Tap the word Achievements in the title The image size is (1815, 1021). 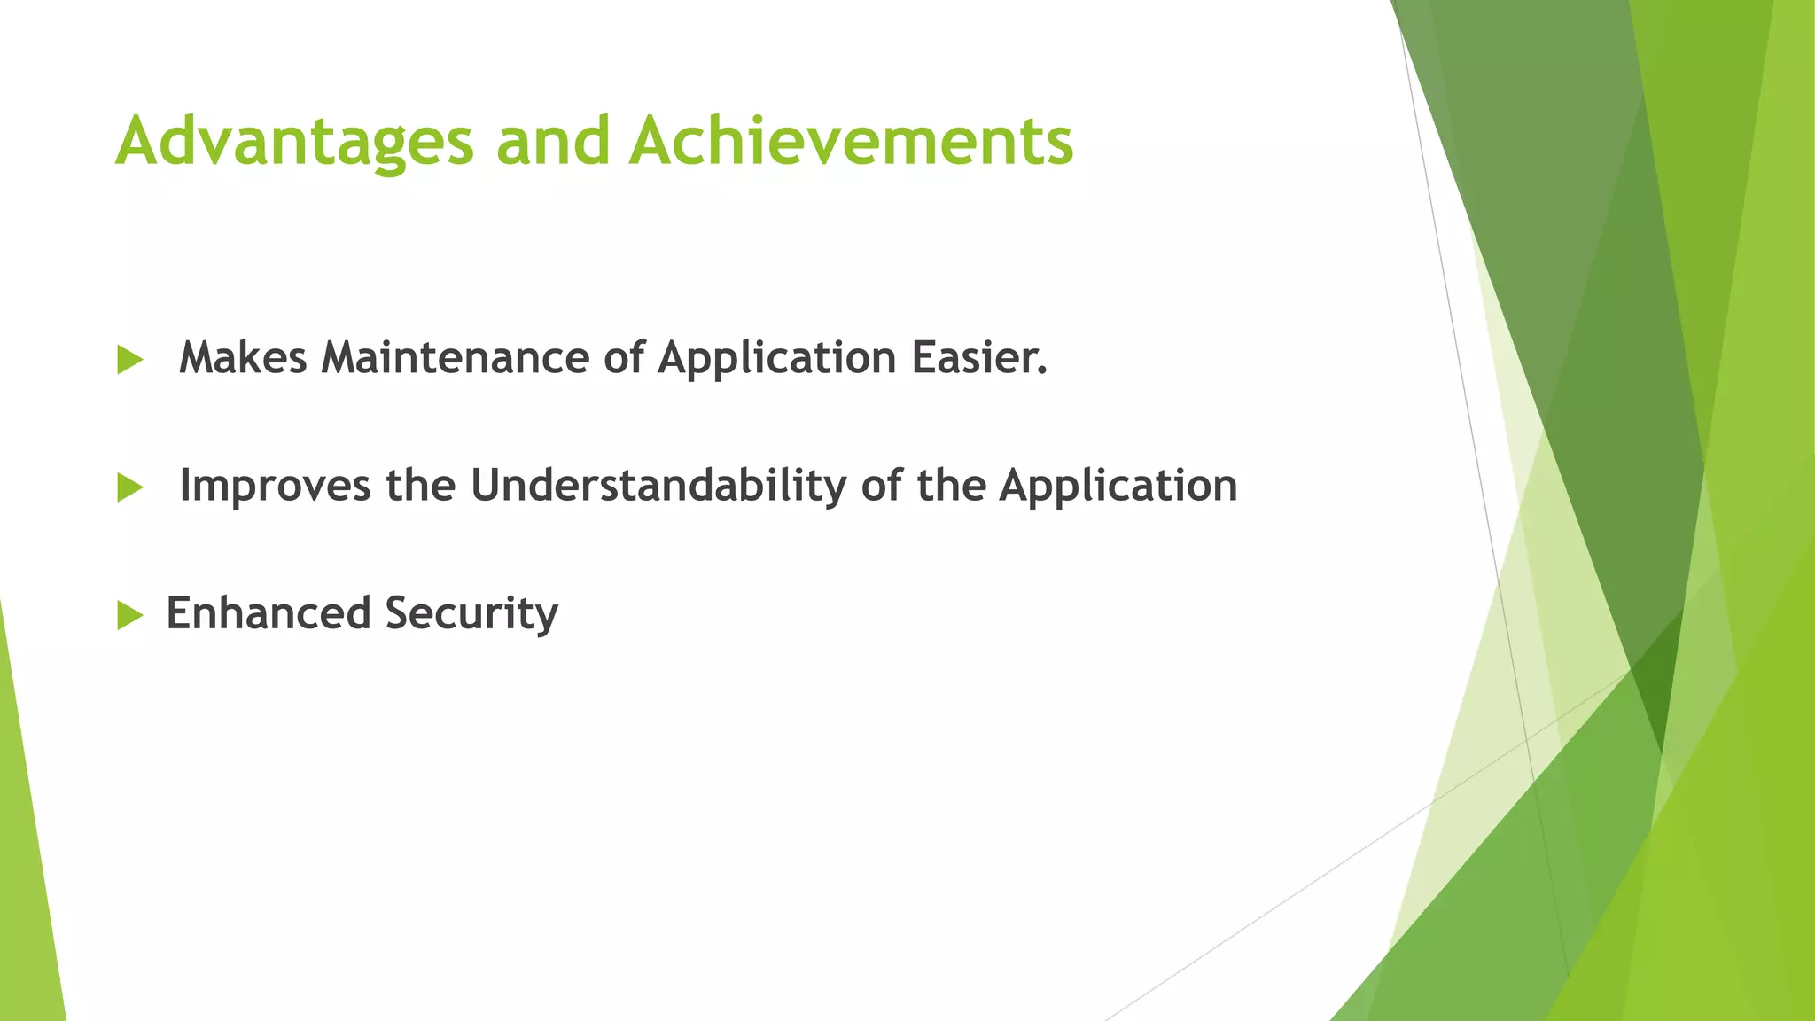[851, 142]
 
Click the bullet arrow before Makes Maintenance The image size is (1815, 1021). [129, 360]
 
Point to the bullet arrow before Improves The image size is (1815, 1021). [129, 487]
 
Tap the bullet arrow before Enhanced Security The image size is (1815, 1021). [129, 615]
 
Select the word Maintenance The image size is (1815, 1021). [454, 358]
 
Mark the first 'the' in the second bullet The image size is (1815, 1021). [420, 486]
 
